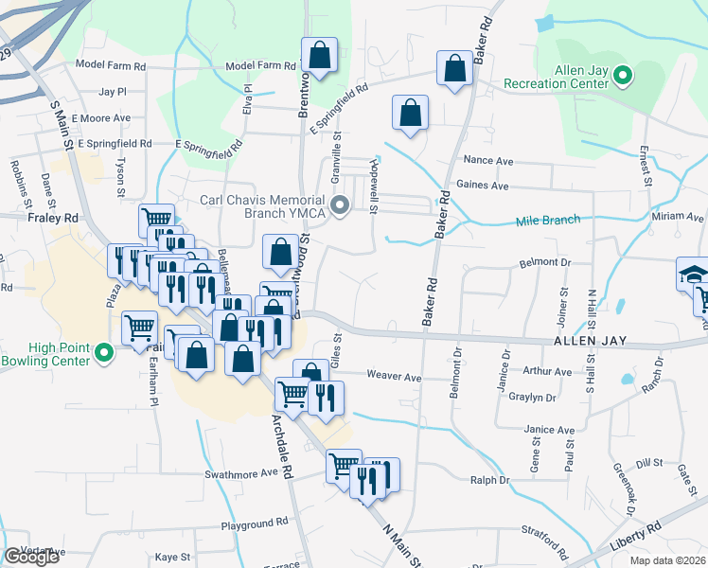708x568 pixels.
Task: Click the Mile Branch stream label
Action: [x=547, y=221]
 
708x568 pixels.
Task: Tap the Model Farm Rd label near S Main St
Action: [x=111, y=66]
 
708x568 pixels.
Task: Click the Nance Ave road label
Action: [x=486, y=162]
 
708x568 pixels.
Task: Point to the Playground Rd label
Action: [x=254, y=523]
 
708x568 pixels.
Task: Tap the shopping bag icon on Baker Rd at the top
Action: [x=455, y=68]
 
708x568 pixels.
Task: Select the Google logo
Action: [x=31, y=557]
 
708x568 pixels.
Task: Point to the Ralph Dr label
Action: [x=490, y=480]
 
